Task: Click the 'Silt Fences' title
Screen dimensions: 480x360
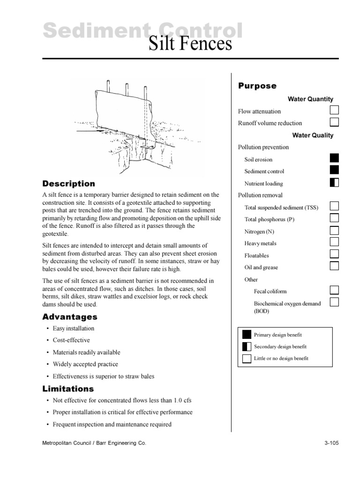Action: coord(190,44)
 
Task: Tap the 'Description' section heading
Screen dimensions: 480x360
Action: coord(68,184)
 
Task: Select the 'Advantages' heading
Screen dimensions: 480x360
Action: coord(70,317)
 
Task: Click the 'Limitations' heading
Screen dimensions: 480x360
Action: coord(68,389)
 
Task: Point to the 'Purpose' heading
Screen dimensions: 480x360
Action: coord(257,86)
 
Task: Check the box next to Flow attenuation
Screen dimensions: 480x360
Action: coord(334,111)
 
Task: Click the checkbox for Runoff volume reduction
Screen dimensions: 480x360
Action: coord(334,122)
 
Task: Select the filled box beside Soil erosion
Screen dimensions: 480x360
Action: coord(334,158)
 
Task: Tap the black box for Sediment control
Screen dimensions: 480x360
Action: coord(334,170)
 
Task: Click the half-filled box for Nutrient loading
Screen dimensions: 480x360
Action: coord(334,182)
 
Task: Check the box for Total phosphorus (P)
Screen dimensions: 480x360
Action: coord(334,218)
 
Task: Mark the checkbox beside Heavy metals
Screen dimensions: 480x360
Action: coord(334,242)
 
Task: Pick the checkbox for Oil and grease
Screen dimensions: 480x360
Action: coord(334,266)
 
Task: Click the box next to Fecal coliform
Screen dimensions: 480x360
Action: coord(334,290)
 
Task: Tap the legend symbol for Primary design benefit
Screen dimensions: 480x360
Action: coord(247,334)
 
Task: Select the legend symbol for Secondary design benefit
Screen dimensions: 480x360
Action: coord(247,346)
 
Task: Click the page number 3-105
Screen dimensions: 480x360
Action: coord(331,442)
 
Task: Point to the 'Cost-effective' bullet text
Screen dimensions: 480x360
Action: coord(71,340)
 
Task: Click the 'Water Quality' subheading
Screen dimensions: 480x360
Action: coord(313,135)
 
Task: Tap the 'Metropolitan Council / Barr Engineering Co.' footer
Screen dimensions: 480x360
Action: coord(94,442)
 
